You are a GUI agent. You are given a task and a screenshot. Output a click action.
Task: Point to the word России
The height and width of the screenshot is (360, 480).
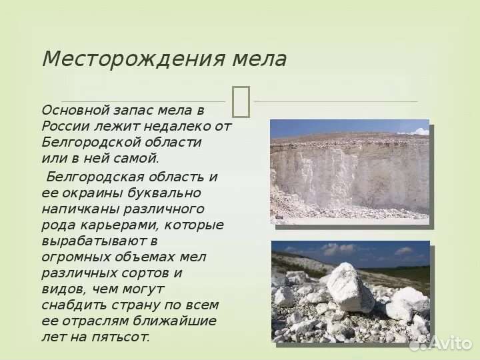pyautogui.click(x=63, y=126)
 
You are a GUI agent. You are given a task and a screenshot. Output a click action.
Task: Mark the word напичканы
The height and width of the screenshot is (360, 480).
pyautogui.click(x=75, y=209)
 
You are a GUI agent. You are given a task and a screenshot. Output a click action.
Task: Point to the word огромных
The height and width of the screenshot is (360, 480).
pyautogui.click(x=71, y=257)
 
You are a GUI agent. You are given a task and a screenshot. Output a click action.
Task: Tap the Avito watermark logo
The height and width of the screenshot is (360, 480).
pyautogui.click(x=441, y=343)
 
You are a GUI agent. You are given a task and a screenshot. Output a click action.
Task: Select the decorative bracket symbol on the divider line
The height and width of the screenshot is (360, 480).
pyautogui.click(x=241, y=101)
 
